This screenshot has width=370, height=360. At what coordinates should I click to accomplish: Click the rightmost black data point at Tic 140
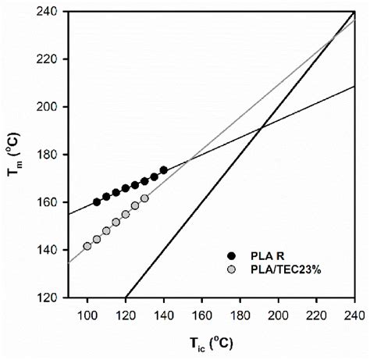click(x=164, y=170)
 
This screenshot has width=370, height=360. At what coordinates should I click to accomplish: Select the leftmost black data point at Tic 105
click(x=97, y=201)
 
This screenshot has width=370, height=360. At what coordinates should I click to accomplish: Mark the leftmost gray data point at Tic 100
click(x=87, y=246)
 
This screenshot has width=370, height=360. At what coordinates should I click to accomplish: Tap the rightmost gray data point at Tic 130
click(x=144, y=198)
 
